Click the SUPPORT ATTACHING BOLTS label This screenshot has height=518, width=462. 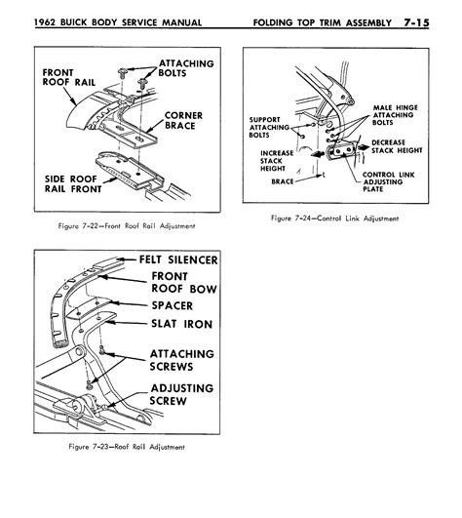click(x=263, y=129)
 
